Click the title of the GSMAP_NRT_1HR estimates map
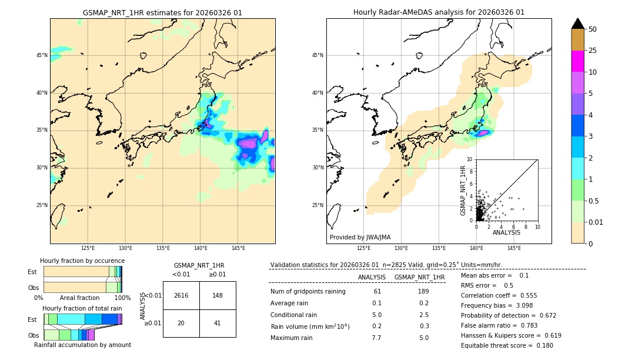click(x=162, y=12)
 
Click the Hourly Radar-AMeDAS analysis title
click(x=439, y=12)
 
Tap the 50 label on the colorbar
click(x=593, y=29)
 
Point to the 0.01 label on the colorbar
click(x=596, y=222)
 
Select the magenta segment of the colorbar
click(x=577, y=61)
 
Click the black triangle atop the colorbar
click(x=577, y=24)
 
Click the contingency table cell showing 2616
click(x=181, y=295)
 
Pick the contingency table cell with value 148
click(x=218, y=295)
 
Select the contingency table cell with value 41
click(x=218, y=323)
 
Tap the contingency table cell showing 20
click(x=181, y=323)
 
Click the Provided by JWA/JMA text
click(x=360, y=237)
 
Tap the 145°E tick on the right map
click(x=514, y=248)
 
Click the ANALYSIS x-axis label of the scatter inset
click(x=506, y=233)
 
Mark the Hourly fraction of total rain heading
click(x=82, y=308)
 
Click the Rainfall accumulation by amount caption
click(x=82, y=345)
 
